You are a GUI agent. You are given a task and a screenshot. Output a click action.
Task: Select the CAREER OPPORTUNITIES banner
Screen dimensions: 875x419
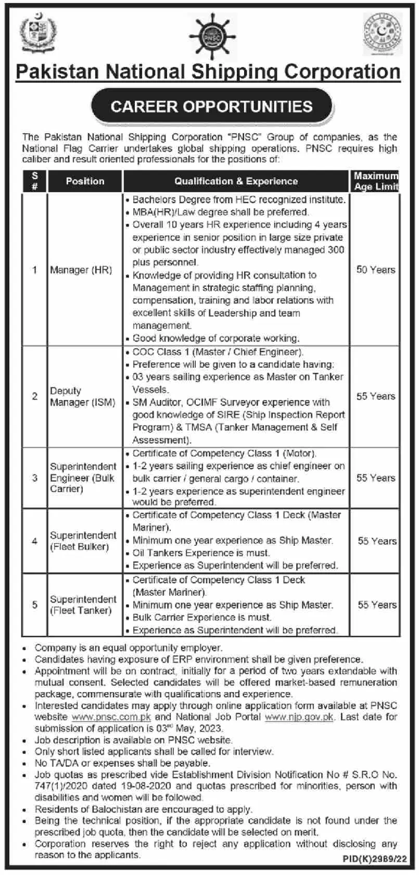click(x=211, y=107)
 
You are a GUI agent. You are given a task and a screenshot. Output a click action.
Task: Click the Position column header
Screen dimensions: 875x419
click(x=85, y=181)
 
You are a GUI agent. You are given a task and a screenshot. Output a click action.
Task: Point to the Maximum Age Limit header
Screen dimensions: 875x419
click(x=375, y=181)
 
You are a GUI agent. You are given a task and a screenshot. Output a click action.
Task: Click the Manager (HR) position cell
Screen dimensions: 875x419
click(x=81, y=270)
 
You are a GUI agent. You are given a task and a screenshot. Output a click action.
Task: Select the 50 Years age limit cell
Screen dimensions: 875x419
click(x=375, y=270)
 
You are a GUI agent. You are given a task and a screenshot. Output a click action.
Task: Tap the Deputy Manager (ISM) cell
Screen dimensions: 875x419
click(x=82, y=396)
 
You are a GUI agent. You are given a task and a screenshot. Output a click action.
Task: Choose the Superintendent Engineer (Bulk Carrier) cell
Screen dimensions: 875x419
click(x=83, y=478)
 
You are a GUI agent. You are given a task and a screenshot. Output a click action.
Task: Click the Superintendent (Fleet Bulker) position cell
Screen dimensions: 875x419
click(x=83, y=541)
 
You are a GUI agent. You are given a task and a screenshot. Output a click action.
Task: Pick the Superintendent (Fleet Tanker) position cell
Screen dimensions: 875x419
click(x=83, y=605)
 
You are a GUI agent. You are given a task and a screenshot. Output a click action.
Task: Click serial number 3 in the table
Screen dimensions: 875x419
click(x=35, y=478)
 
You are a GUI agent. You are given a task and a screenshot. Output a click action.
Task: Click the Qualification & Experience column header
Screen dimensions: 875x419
click(x=236, y=181)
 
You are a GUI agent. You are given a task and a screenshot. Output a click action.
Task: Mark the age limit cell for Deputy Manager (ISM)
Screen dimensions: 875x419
click(x=375, y=396)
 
